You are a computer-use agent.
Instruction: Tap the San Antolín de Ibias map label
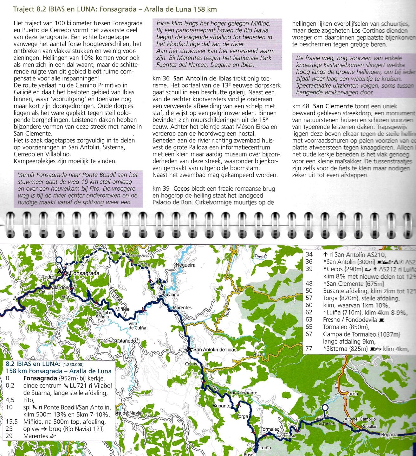215,350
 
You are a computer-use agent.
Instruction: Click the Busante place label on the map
222,406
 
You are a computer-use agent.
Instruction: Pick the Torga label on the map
242,416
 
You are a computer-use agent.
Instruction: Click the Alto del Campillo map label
360,419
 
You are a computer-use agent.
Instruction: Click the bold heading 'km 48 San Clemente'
322,106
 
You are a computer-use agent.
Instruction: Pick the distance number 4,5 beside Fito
10,400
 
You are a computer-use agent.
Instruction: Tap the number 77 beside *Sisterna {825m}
309,349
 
